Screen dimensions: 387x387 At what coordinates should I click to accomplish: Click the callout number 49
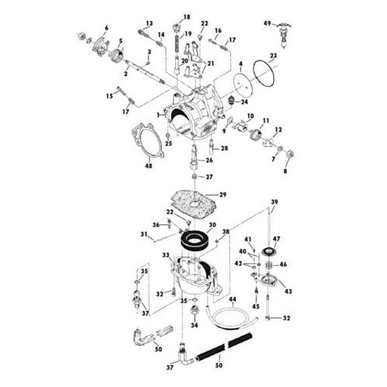tap(267, 24)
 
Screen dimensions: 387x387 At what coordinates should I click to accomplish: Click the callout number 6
tap(105, 28)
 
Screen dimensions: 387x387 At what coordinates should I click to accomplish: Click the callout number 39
tap(273, 202)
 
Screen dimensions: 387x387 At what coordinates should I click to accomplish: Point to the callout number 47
tap(276, 239)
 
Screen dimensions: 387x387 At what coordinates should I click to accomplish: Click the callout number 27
tap(210, 178)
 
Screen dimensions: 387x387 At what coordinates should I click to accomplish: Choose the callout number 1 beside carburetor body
tap(158, 115)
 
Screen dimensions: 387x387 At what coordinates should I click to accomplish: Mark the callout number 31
tap(143, 234)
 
